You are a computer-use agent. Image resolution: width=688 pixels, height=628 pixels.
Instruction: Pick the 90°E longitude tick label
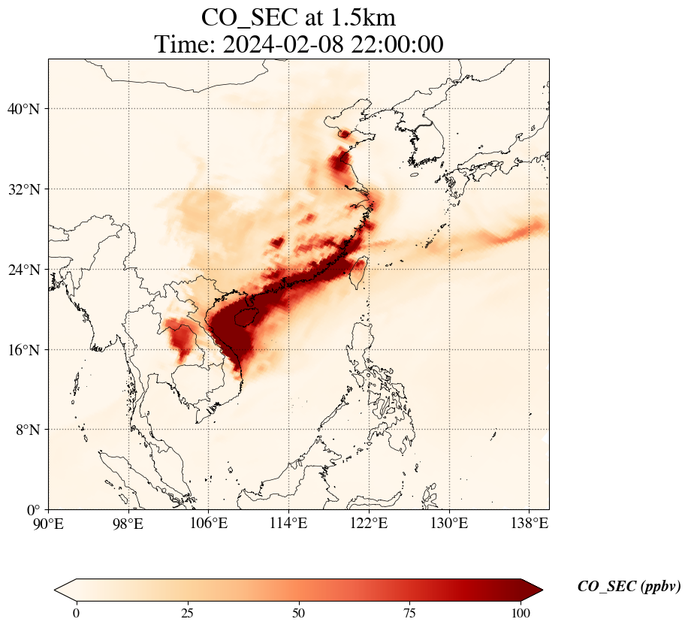click(49, 522)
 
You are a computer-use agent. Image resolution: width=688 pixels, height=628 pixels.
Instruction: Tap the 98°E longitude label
click(128, 522)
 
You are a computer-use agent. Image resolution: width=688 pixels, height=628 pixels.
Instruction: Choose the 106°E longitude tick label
click(209, 522)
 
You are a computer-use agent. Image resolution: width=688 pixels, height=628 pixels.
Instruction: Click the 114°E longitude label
click(289, 522)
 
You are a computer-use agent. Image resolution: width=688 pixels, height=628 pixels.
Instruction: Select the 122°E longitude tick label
click(369, 522)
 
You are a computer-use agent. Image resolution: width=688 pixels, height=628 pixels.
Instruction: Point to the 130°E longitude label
click(449, 522)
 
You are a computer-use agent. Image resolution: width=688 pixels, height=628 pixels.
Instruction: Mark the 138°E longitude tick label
click(529, 522)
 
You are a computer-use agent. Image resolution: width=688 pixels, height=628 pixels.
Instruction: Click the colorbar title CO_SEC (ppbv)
click(629, 587)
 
